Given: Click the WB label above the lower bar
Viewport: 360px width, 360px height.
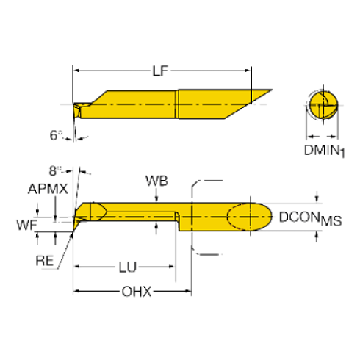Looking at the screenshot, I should tap(156, 180).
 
